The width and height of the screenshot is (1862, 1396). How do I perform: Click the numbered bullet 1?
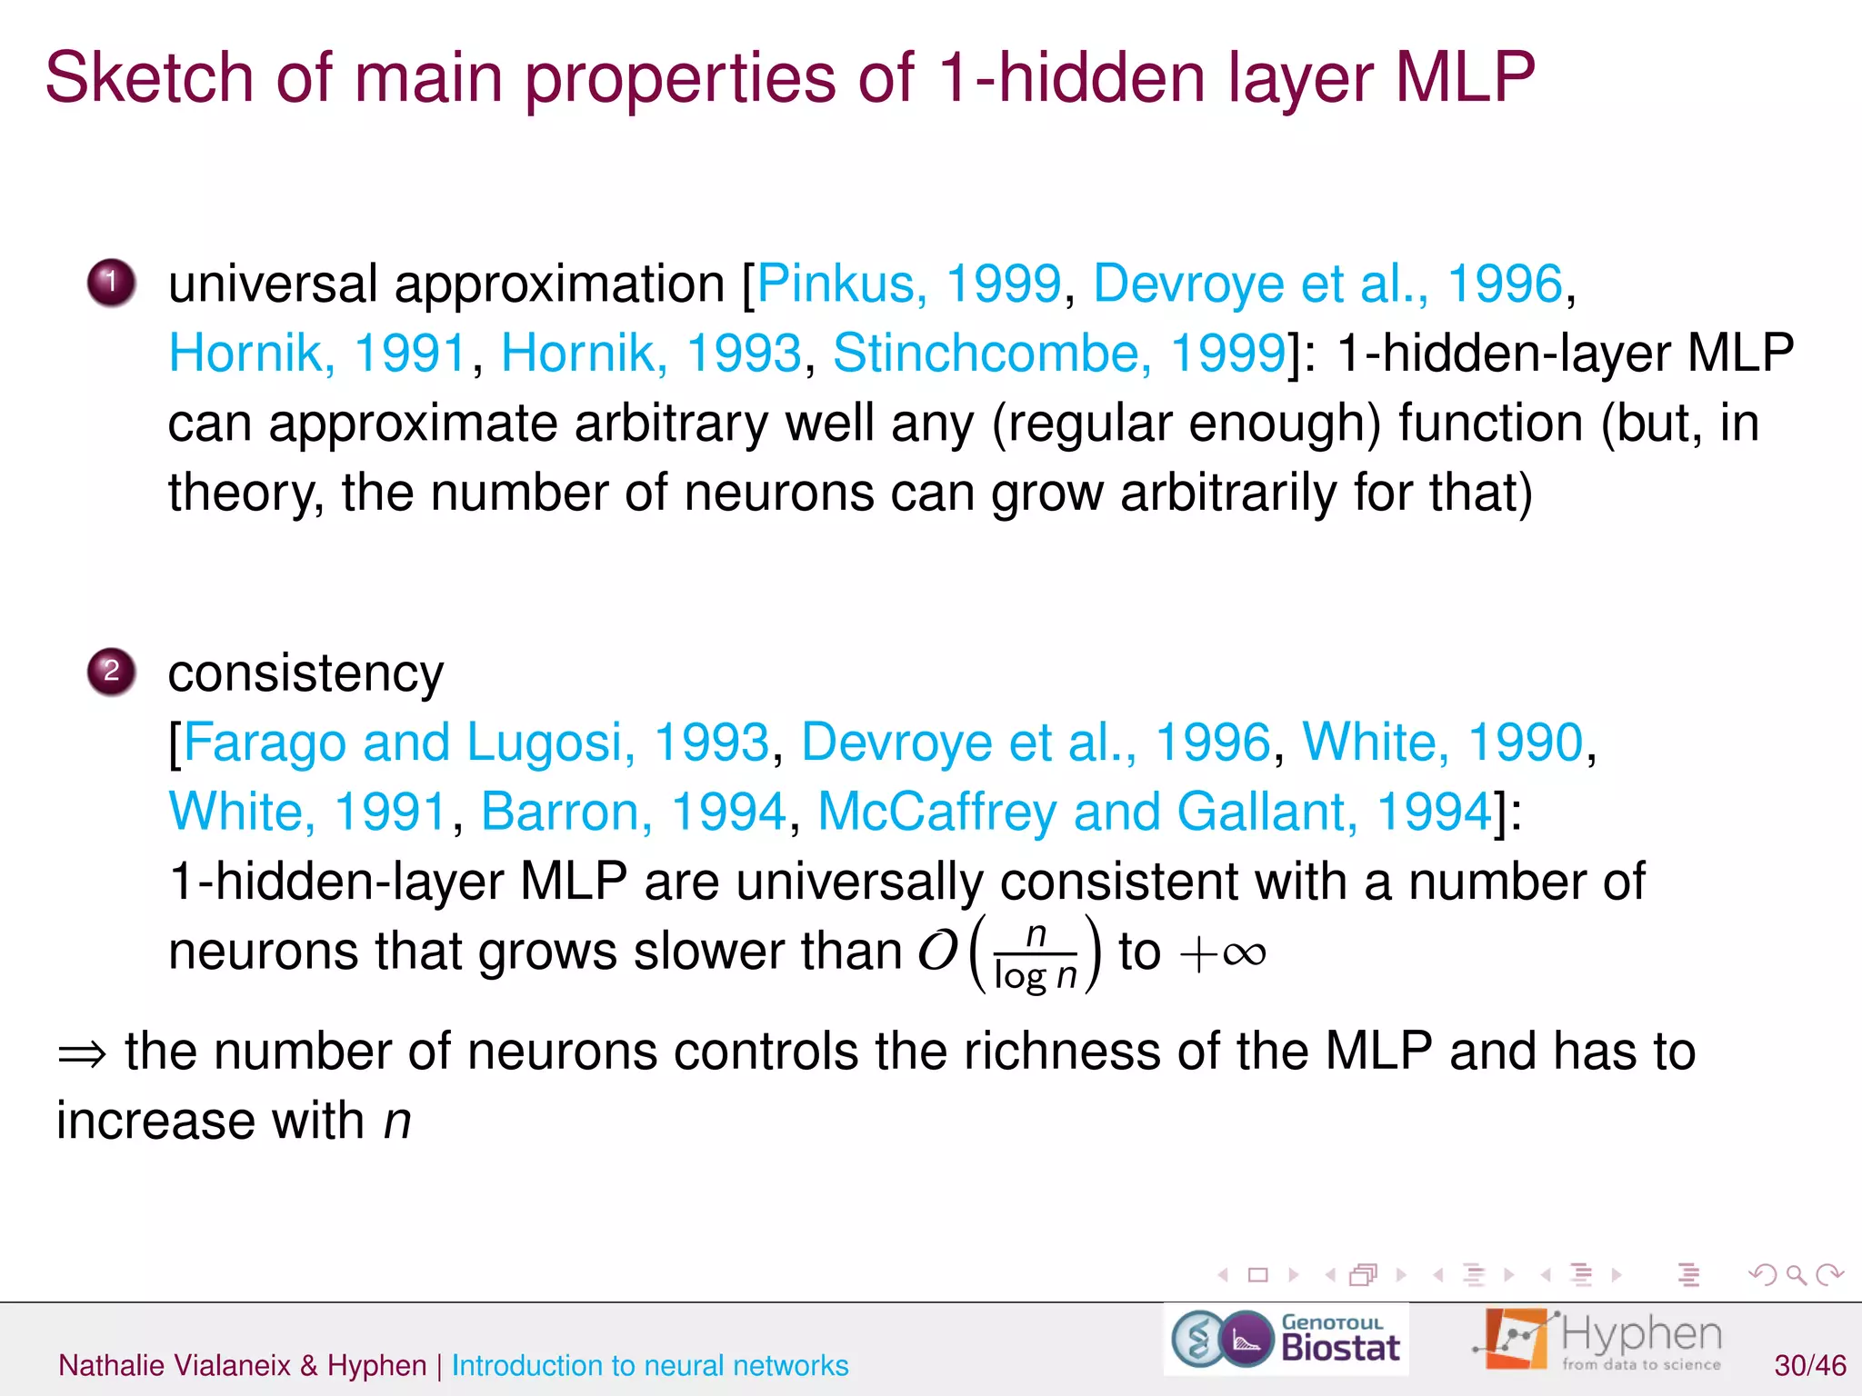click(111, 283)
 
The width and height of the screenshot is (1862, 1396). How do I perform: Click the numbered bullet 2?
click(111, 672)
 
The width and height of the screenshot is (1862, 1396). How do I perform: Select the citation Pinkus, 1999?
click(908, 284)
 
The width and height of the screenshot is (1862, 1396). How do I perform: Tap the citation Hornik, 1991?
click(317, 353)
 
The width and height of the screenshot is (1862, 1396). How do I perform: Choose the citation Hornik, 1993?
click(650, 353)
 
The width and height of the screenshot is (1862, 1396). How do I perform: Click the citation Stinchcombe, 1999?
click(1058, 353)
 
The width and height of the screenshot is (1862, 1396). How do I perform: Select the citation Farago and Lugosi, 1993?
click(476, 743)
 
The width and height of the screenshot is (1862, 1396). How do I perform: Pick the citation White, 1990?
click(1442, 743)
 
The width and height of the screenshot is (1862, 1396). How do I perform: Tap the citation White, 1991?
click(308, 812)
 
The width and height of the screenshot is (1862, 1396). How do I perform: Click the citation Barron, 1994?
click(632, 812)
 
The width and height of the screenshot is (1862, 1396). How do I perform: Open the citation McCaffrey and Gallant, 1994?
click(1154, 812)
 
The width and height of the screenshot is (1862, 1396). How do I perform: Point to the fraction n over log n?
click(1036, 954)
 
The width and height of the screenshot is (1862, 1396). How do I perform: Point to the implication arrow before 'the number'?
click(82, 1054)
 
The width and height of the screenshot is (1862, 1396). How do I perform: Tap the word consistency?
click(305, 673)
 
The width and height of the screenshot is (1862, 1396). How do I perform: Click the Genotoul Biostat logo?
click(1286, 1339)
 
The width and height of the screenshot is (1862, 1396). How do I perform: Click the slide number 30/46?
click(1809, 1365)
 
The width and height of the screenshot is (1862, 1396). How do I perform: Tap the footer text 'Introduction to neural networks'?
click(649, 1365)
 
